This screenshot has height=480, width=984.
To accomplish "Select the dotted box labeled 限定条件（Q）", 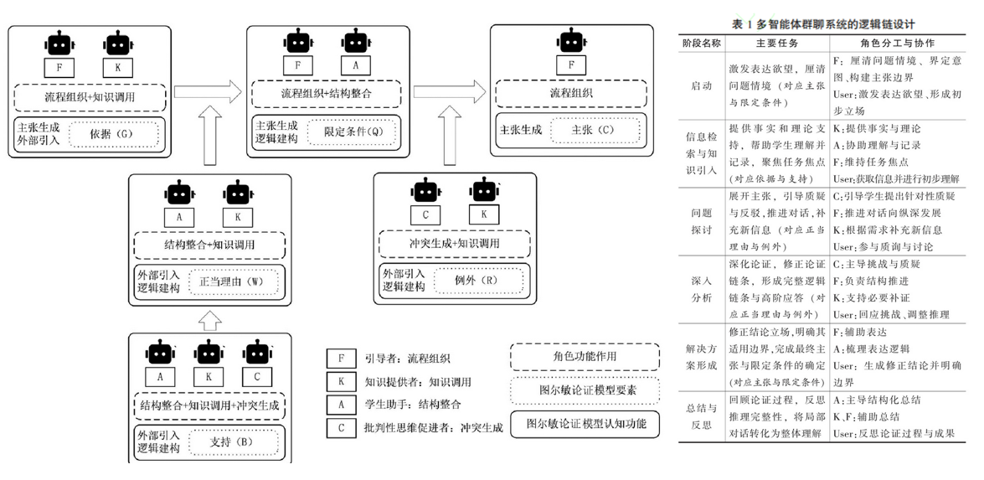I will pos(349,132).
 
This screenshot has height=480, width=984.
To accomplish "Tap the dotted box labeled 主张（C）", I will pos(592,131).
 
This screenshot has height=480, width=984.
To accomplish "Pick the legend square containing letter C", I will pos(338,428).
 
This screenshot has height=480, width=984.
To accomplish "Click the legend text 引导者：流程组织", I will pos(408,359).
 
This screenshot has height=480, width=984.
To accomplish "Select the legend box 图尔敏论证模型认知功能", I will pos(585,423).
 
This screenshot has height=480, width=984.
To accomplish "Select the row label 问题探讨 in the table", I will pos(702,220).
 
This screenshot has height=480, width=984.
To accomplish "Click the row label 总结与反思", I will pos(702,417).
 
